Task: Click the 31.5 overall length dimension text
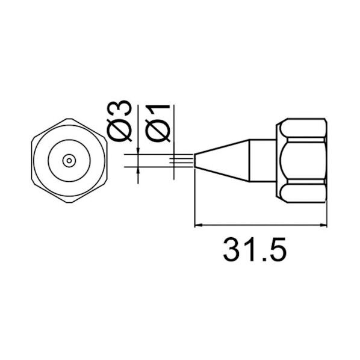253,250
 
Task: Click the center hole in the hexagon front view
70,161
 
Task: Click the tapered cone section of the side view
223,161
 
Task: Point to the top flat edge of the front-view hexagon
70,119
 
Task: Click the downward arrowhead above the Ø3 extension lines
139,152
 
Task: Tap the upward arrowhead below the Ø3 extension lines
139,171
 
